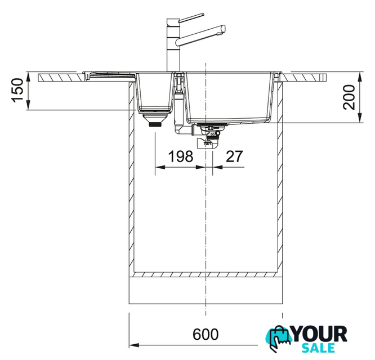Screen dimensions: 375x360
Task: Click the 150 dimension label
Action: [x=17, y=91]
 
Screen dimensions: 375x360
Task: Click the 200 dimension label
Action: [x=349, y=97]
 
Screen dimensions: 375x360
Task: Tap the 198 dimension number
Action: [x=181, y=156]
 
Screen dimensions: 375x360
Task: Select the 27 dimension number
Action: [x=234, y=156]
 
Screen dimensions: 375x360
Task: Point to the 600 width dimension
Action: [x=206, y=334]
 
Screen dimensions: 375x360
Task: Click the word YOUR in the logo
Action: [x=319, y=334]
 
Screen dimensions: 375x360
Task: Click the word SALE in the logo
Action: [x=318, y=348]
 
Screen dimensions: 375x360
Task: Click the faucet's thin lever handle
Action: [x=191, y=17]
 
